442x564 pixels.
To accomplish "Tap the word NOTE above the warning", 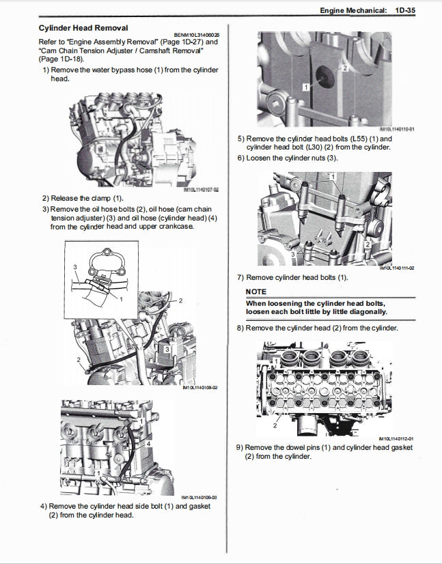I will (x=256, y=292).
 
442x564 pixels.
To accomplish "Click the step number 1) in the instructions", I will (x=46, y=70).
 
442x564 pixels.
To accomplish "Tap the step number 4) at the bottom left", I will (x=43, y=506).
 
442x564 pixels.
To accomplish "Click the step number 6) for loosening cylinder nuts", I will (x=240, y=158).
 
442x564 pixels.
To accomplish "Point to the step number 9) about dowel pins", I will (x=240, y=447).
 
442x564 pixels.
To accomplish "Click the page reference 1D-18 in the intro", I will (x=66, y=59).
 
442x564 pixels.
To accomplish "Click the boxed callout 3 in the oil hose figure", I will (x=167, y=349).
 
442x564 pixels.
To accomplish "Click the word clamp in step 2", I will (x=99, y=198).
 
